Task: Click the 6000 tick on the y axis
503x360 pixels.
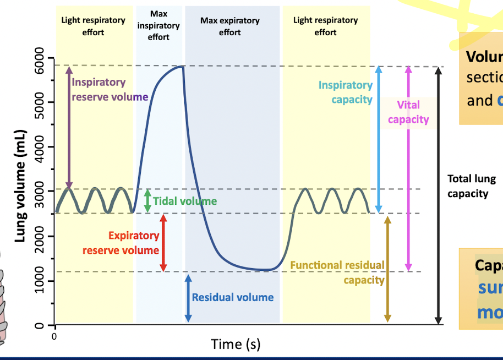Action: click(39, 57)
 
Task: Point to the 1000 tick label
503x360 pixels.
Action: click(39, 280)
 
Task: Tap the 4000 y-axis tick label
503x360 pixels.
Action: click(39, 146)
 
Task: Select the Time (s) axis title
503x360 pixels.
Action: click(236, 344)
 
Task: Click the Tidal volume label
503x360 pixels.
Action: click(185, 201)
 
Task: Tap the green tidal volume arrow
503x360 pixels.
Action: click(147, 201)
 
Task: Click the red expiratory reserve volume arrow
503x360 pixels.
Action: click(163, 242)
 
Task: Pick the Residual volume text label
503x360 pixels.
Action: click(232, 297)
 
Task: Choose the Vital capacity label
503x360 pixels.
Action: click(408, 112)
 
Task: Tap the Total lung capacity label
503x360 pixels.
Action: click(471, 186)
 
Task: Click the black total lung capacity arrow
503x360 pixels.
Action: click(438, 195)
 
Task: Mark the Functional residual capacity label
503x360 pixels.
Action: click(338, 272)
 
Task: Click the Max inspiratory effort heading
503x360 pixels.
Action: click(158, 25)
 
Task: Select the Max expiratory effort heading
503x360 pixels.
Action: click(229, 26)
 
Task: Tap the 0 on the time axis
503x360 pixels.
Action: click(54, 335)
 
